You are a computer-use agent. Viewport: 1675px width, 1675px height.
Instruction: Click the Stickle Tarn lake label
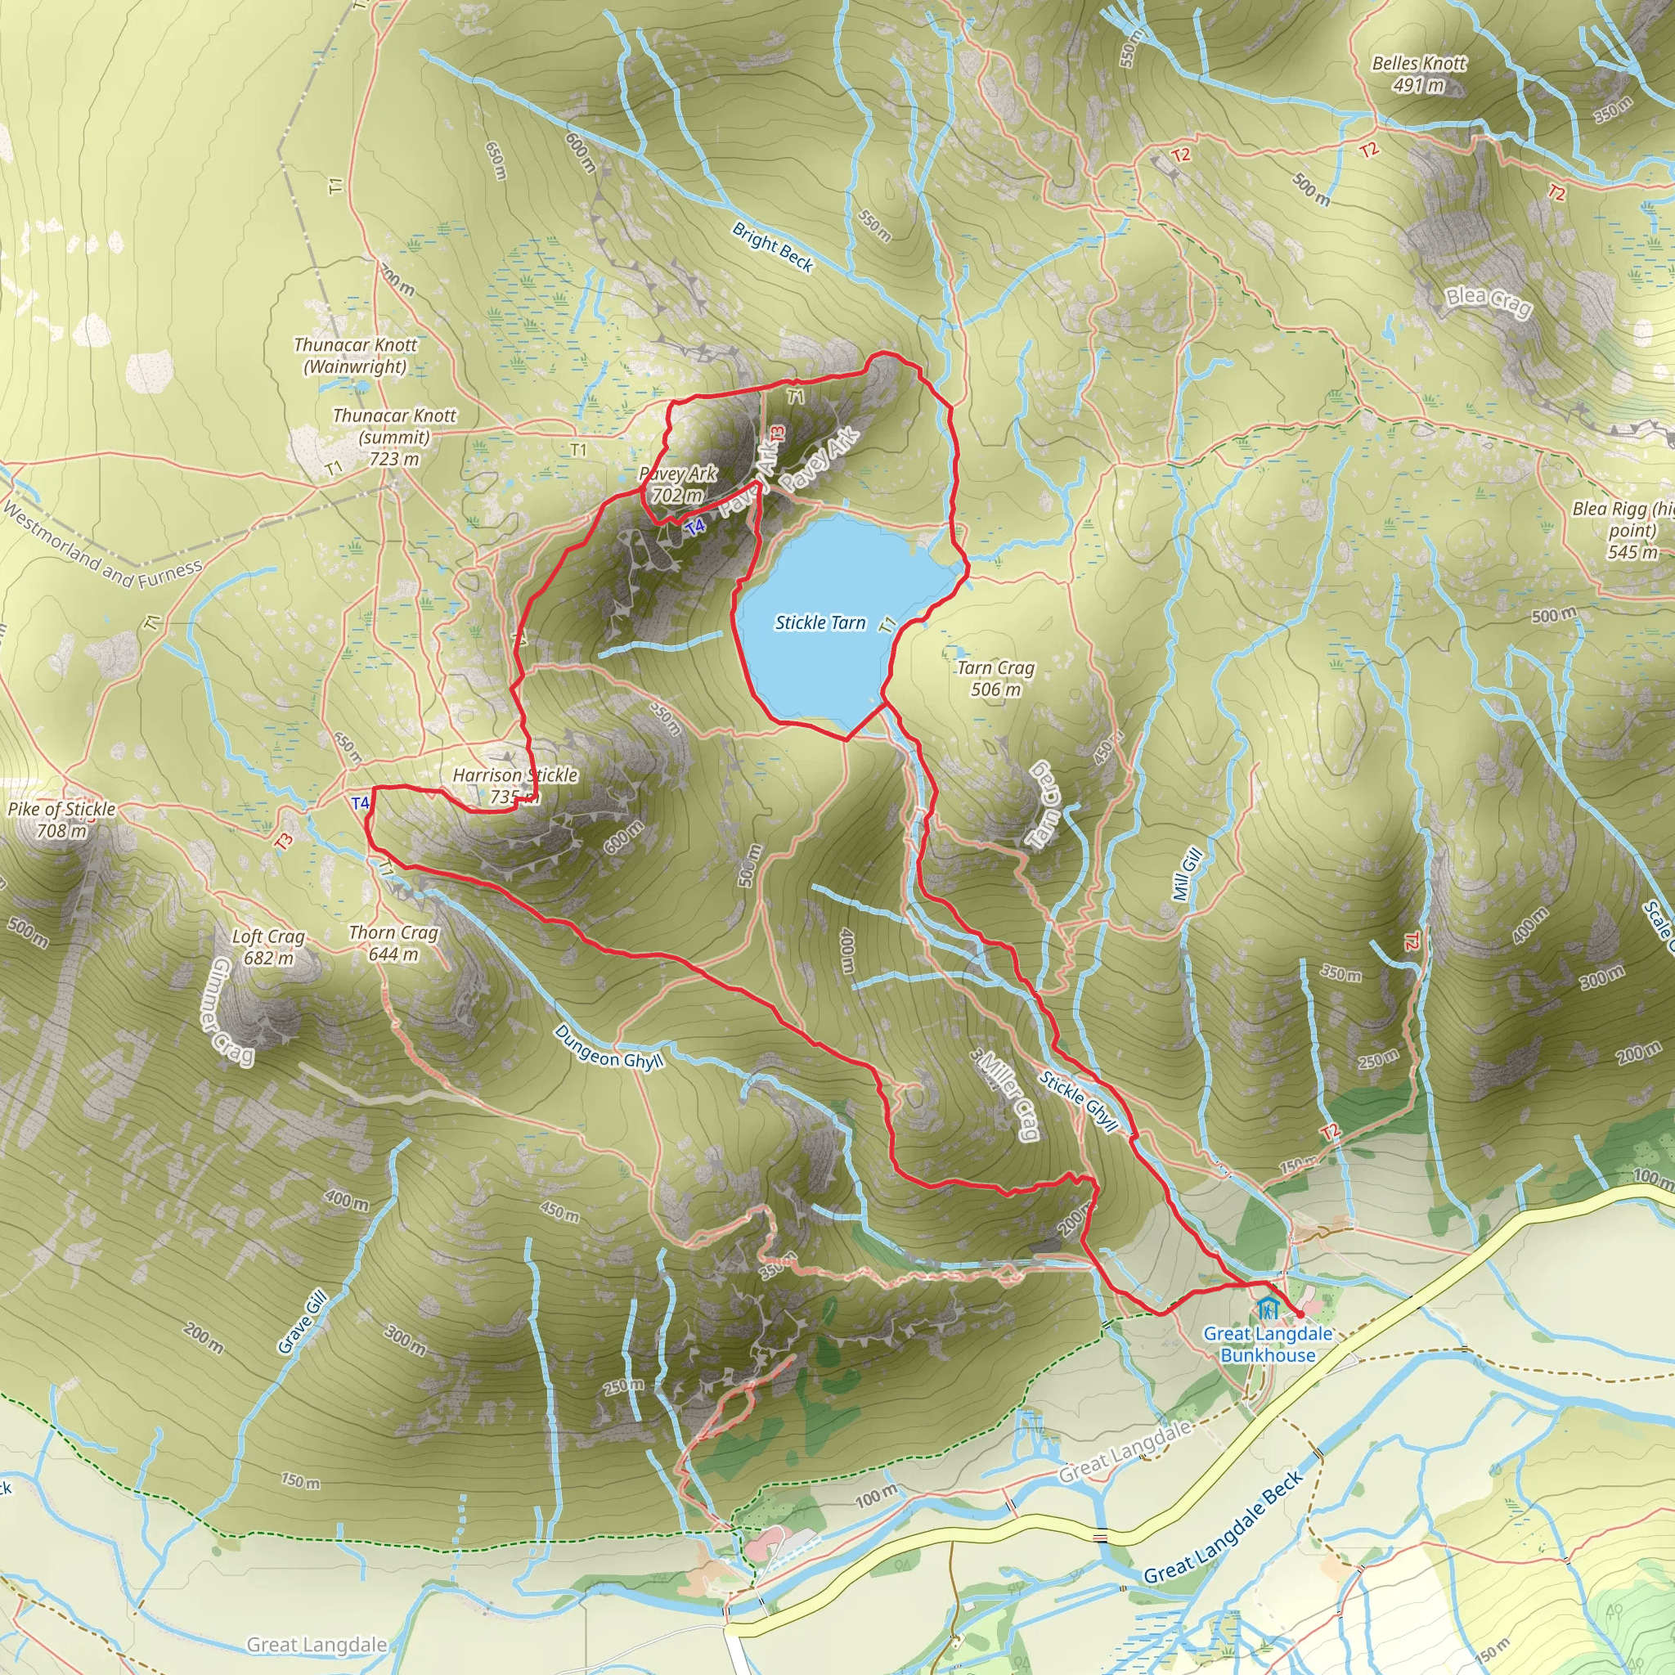click(820, 622)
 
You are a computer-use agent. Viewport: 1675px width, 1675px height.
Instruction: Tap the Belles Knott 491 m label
click(1418, 74)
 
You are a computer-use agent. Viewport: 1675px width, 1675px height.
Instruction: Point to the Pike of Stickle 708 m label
click(61, 820)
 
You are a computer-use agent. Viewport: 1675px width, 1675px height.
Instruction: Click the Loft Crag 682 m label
click(268, 947)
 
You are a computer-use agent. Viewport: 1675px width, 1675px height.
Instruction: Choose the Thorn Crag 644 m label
click(393, 943)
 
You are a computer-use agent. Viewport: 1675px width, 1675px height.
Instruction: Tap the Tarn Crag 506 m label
click(995, 679)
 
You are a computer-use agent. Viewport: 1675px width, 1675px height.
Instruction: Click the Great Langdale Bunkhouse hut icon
click(1269, 1306)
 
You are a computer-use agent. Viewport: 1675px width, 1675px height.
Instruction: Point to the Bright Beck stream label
click(771, 247)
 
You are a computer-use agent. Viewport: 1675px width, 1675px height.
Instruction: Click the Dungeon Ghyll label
click(608, 1045)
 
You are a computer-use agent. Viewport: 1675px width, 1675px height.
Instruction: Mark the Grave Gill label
click(303, 1322)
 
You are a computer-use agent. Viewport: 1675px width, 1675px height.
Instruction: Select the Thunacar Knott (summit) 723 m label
click(393, 437)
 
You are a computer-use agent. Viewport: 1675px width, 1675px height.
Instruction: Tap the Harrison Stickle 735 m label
click(515, 785)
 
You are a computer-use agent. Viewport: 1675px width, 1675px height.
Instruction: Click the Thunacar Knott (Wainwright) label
click(356, 356)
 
